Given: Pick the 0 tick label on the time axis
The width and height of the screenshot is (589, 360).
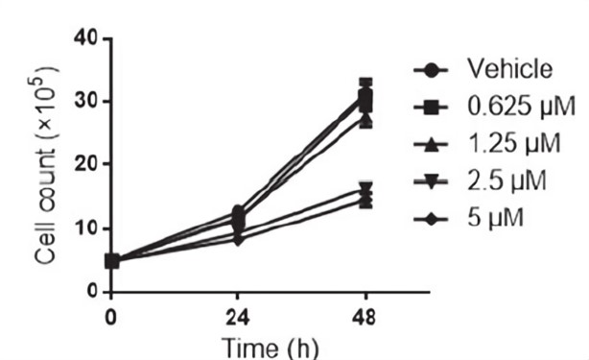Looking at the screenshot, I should pos(111,314).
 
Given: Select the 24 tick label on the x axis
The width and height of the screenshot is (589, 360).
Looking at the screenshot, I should pos(239,314).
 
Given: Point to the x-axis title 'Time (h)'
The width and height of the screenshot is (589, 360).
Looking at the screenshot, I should pos(240,343).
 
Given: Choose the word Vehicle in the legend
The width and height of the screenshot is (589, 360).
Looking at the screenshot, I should pos(509,69).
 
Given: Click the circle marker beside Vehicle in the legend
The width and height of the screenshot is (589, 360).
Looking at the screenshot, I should pos(433,70).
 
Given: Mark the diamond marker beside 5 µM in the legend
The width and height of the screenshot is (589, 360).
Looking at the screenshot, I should pos(433,220).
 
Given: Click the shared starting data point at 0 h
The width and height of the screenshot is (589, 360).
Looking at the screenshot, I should pos(112,260).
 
